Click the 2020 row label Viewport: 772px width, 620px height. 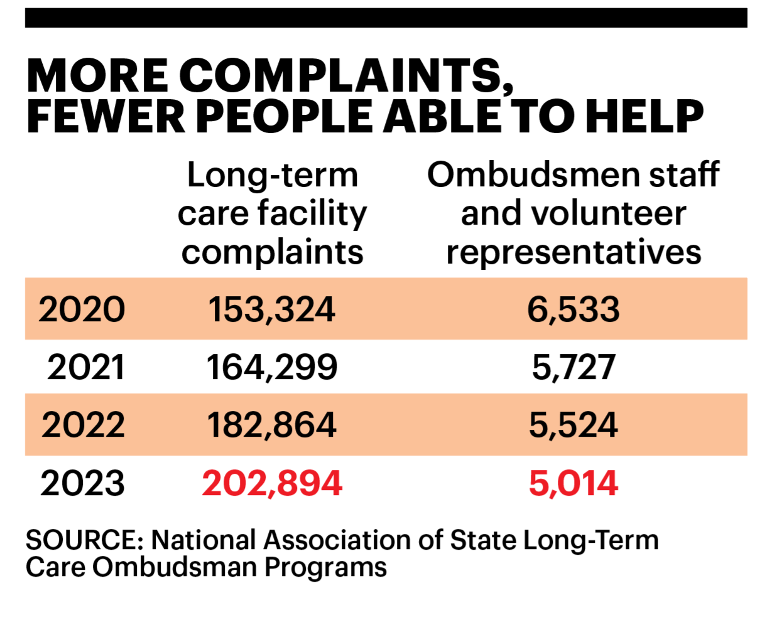click(x=82, y=309)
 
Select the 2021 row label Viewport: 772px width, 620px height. click(x=85, y=367)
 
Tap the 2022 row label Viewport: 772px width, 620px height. click(x=83, y=425)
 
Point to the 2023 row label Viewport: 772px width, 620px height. click(x=82, y=483)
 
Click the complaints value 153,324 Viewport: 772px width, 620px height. click(x=271, y=309)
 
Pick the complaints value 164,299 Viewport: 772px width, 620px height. click(x=271, y=367)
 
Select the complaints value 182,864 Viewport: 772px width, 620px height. click(x=271, y=425)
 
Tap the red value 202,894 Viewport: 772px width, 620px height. click(x=271, y=483)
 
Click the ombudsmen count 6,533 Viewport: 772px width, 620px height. click(x=573, y=309)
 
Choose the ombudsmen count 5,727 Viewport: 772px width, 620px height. click(x=573, y=367)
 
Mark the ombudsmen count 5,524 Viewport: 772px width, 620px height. click(x=573, y=425)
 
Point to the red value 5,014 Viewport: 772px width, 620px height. click(x=573, y=483)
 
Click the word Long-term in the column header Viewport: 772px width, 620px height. click(x=272, y=175)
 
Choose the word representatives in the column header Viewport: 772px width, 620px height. click(x=573, y=252)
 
